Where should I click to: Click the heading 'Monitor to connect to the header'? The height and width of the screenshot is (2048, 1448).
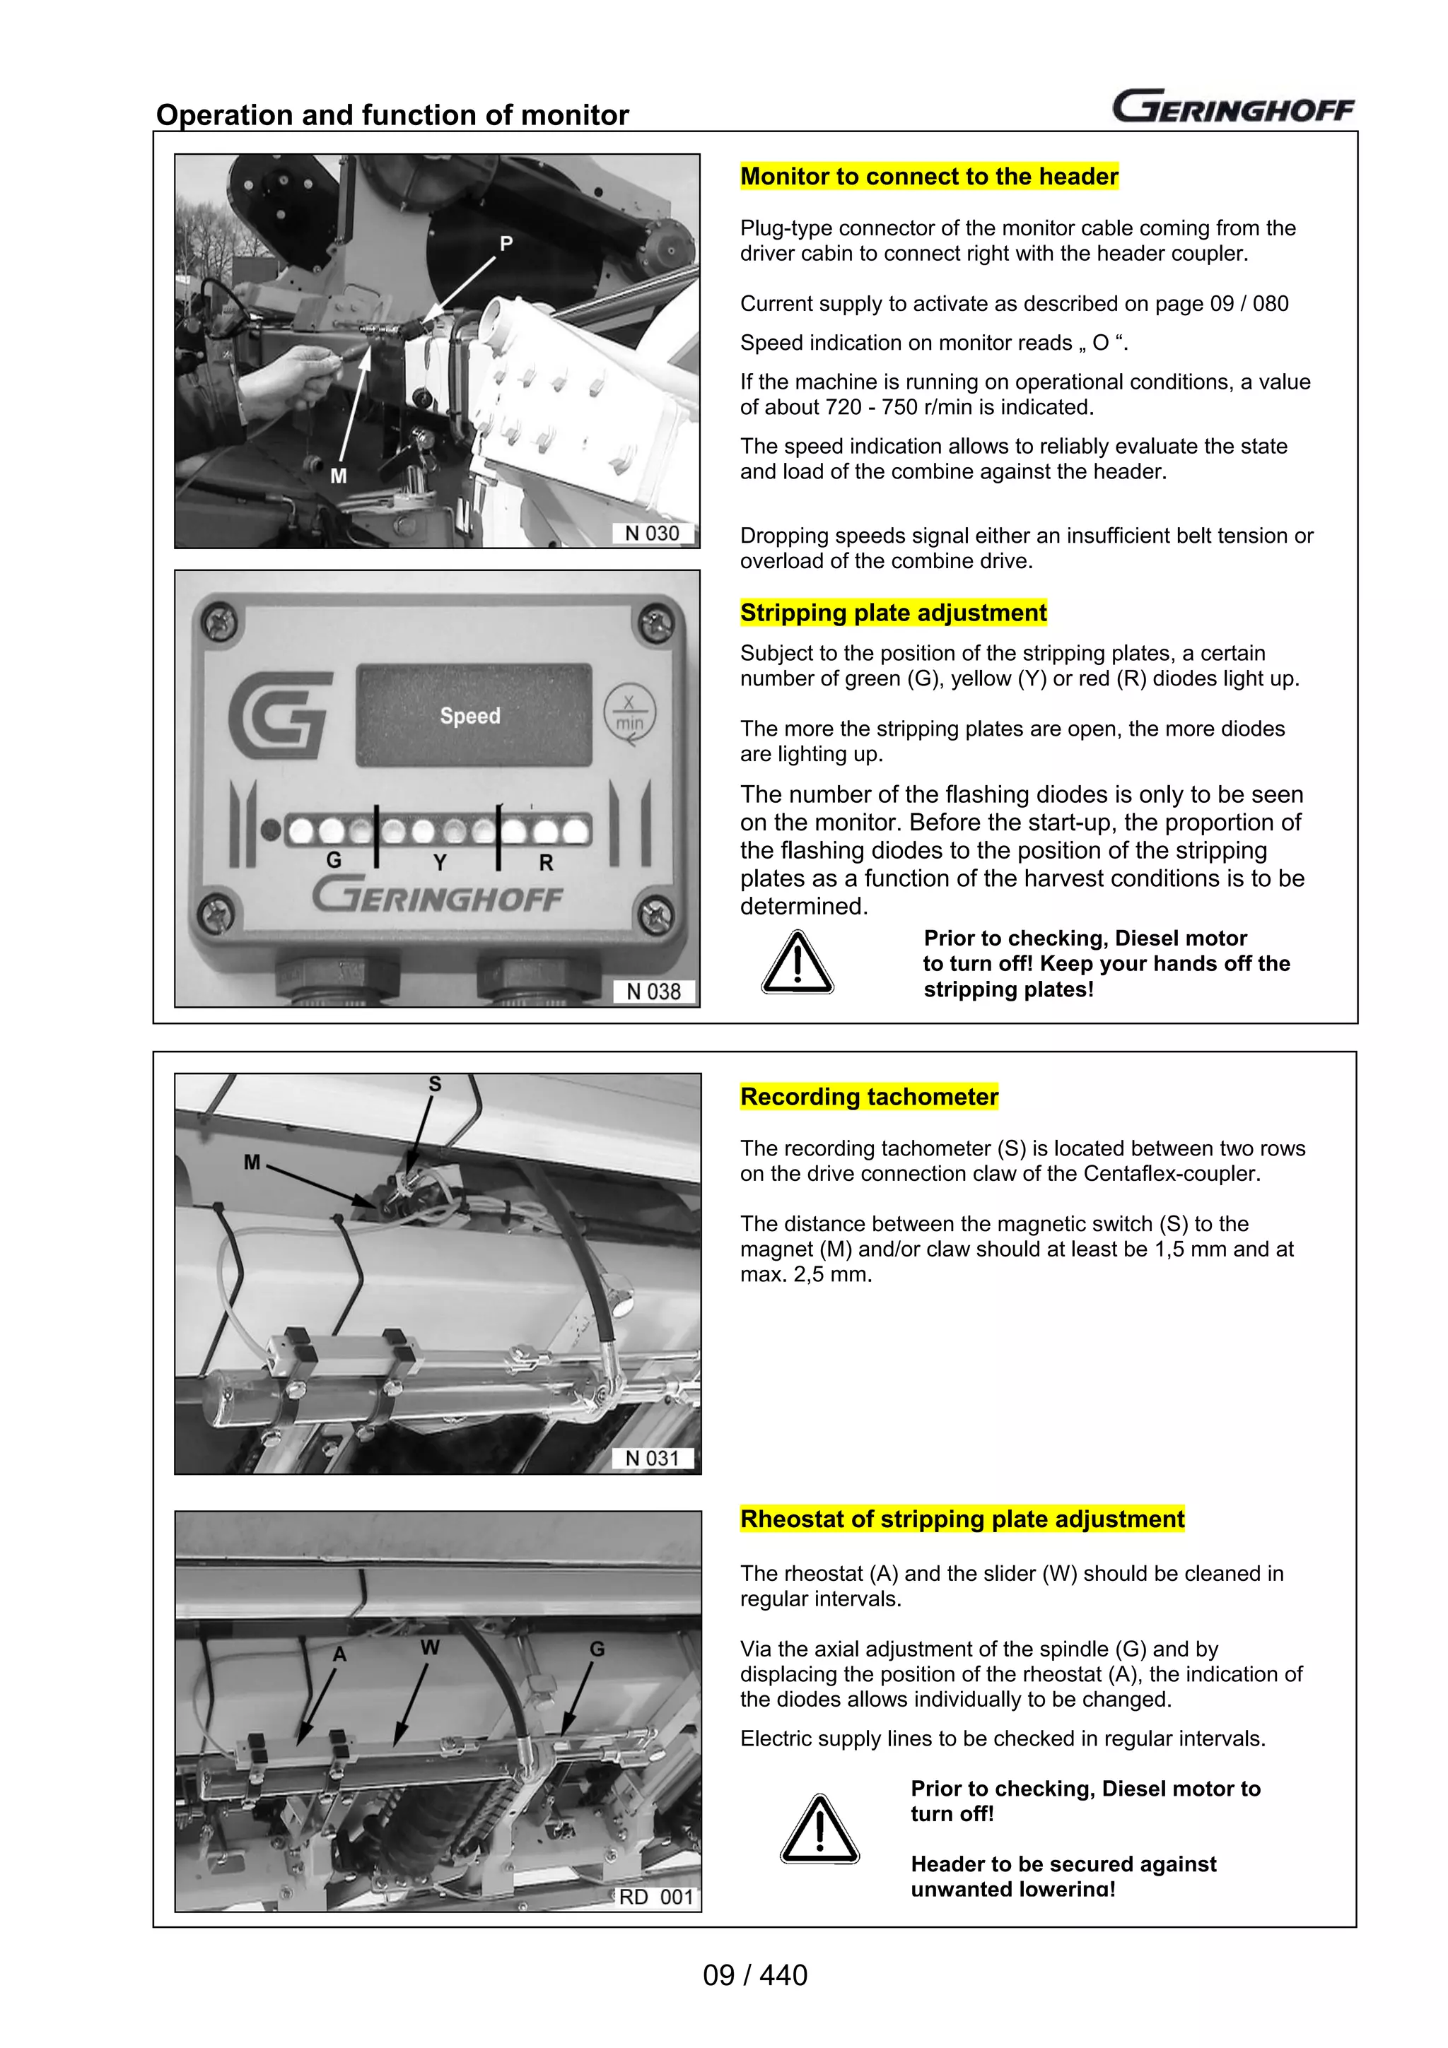[x=929, y=177]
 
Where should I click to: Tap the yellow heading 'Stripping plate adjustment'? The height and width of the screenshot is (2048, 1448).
[x=893, y=613]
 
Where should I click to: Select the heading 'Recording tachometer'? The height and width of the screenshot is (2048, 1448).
[x=869, y=1096]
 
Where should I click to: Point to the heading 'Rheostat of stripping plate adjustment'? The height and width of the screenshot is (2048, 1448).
[x=962, y=1519]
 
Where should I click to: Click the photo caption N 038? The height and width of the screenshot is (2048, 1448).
[x=654, y=992]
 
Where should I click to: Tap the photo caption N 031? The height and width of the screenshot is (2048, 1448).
[x=652, y=1459]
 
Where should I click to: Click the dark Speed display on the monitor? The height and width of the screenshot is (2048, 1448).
[x=474, y=715]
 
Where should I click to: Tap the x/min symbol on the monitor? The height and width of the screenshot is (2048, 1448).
[x=630, y=714]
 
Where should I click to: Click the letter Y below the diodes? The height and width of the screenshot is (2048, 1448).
[x=440, y=863]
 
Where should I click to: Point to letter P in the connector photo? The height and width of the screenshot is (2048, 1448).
[x=506, y=244]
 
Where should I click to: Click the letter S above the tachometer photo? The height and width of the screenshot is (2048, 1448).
[x=435, y=1084]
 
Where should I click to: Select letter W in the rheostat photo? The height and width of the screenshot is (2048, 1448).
[x=430, y=1647]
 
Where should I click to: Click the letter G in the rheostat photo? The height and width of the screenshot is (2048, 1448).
[x=597, y=1649]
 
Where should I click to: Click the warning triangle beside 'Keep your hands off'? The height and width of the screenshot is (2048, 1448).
[x=797, y=963]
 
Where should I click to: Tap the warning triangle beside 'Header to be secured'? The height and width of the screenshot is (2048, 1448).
[x=819, y=1830]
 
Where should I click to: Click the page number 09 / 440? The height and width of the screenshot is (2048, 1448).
[x=755, y=1975]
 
